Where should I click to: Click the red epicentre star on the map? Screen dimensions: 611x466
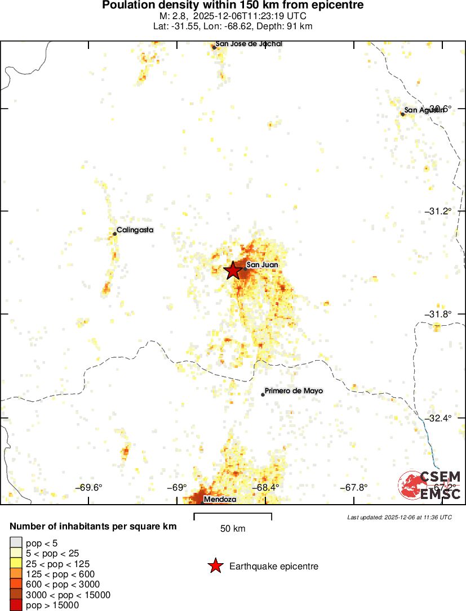232,270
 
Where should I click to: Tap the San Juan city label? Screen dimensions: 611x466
262,264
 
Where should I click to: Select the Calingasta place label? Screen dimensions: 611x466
135,230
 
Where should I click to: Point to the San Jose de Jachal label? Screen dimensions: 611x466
248,44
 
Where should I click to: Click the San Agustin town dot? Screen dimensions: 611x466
402,114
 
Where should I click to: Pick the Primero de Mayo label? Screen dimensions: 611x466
294,390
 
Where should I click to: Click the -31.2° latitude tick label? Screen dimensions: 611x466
438,211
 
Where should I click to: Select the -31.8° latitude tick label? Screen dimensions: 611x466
438,314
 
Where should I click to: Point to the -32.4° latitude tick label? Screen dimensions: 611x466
438,418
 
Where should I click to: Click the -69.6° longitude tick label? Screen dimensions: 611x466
91,487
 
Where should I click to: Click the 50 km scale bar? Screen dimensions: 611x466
233,516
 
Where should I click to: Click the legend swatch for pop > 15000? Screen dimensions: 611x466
16,605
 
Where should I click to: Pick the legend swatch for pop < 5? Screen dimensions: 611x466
16,542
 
